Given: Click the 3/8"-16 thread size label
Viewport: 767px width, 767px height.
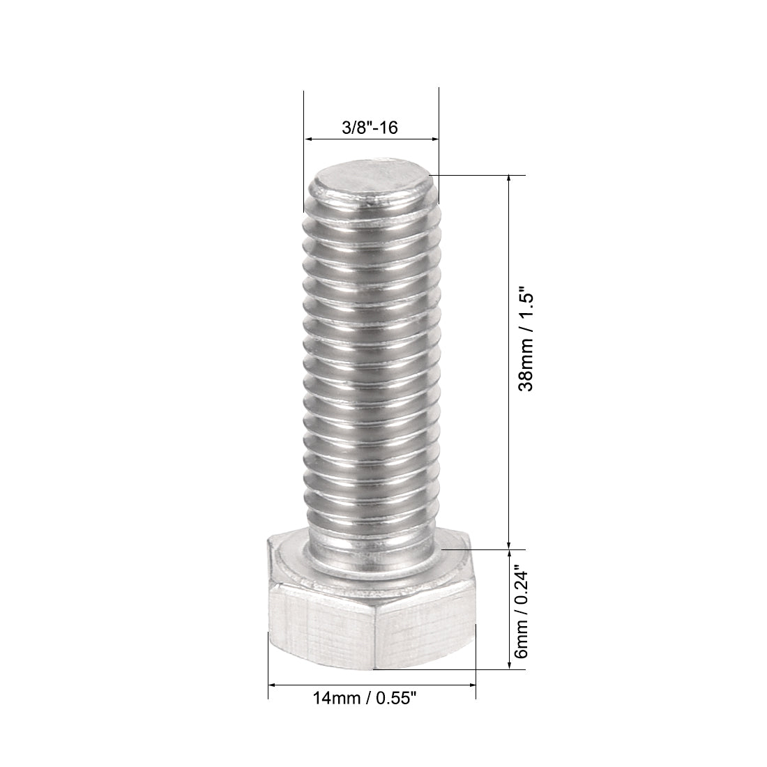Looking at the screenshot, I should pyautogui.click(x=370, y=128).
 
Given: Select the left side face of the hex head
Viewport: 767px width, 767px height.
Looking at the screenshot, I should pyautogui.click(x=321, y=624).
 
